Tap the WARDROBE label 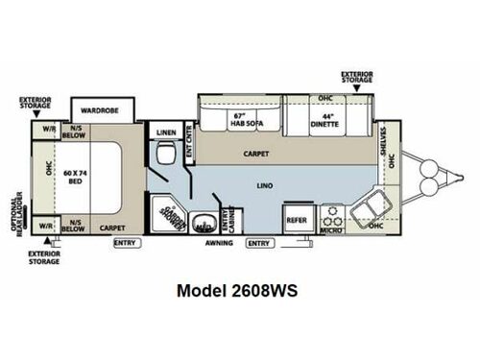pyautogui.click(x=98, y=109)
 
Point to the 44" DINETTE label pyautogui.click(x=324, y=122)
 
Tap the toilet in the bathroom pyautogui.click(x=167, y=152)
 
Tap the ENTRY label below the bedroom pyautogui.click(x=125, y=243)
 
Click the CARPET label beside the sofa pyautogui.click(x=255, y=153)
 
